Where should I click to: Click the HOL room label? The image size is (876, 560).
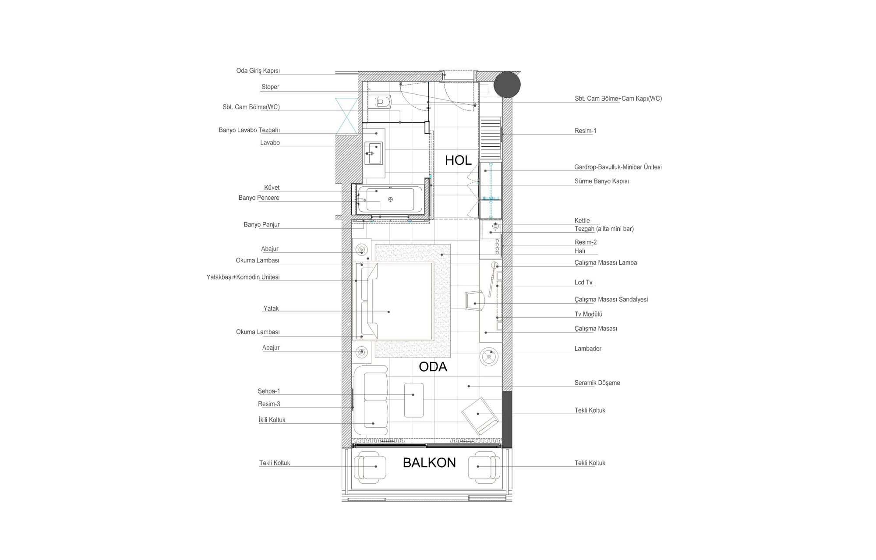coord(458,160)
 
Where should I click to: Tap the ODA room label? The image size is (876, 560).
coord(433,367)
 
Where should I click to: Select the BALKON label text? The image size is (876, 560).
coord(429,463)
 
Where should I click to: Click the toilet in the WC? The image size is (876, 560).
coord(380,102)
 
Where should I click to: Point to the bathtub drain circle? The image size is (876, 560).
coord(390,199)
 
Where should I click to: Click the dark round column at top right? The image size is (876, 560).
coord(507,85)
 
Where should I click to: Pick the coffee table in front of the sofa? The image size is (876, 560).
coord(414,400)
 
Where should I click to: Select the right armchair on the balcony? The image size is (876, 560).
coord(484,468)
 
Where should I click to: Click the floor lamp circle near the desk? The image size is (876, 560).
coord(489,356)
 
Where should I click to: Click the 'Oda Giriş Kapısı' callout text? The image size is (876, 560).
coord(258,71)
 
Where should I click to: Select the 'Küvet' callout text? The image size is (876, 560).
coord(272,188)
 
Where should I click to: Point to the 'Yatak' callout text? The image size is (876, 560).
coord(271,308)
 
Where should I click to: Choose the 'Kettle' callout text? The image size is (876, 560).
coord(582,221)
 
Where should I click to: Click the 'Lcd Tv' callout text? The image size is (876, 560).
coord(583,283)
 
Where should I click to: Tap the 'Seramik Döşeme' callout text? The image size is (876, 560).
coord(597,383)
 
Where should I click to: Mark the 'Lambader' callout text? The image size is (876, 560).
coord(588,349)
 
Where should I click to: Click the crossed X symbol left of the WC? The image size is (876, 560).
coord(346,116)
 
